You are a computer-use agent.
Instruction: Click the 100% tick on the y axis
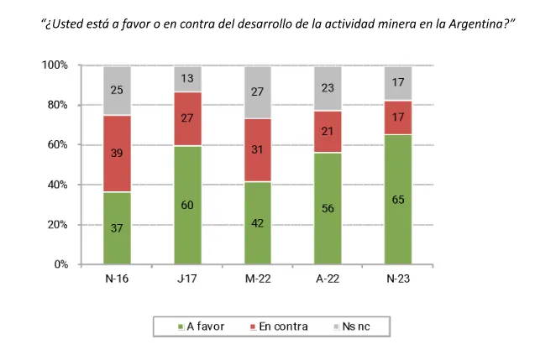point(55,65)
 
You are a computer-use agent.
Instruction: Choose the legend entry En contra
point(279,326)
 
